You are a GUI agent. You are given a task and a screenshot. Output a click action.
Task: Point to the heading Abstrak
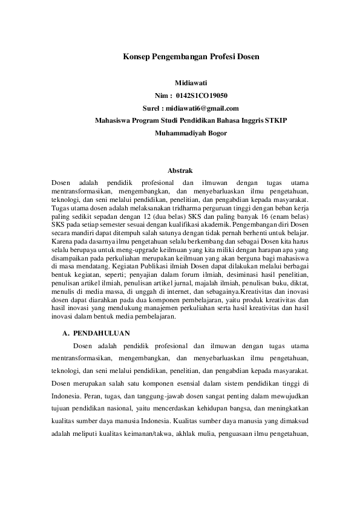pyautogui.click(x=180, y=171)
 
